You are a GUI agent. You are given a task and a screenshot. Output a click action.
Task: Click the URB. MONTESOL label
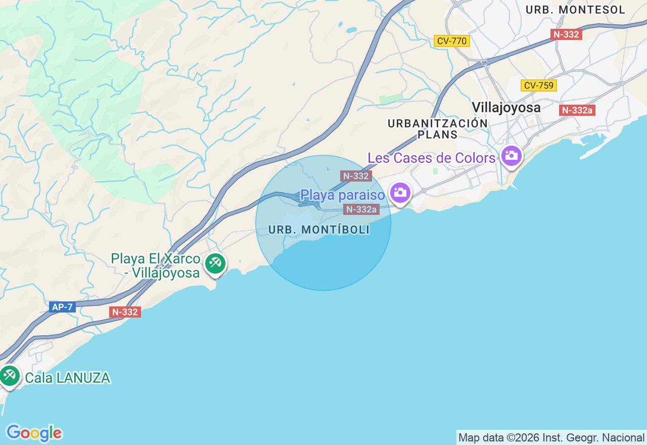[x=575, y=10]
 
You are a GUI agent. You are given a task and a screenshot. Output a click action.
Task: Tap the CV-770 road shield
[x=451, y=41]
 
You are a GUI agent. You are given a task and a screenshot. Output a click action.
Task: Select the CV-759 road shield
[x=538, y=85]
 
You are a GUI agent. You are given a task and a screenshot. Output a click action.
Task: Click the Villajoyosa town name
[x=506, y=107]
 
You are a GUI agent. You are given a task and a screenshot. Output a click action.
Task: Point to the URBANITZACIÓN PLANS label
[x=438, y=129]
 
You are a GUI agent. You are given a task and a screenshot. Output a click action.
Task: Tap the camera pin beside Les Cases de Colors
[x=512, y=155]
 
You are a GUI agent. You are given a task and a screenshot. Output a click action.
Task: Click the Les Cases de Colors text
[x=431, y=158]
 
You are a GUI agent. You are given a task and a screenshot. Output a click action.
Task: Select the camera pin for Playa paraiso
[x=400, y=193]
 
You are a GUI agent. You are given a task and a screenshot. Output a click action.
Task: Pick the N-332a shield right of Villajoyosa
[x=577, y=110]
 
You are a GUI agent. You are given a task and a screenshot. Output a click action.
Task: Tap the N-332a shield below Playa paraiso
[x=361, y=209]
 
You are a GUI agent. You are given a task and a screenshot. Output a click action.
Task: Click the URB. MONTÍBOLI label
[x=319, y=230]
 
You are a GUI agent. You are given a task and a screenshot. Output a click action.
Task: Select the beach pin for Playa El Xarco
[x=215, y=263]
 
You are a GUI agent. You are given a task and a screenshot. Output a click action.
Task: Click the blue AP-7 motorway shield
[x=62, y=307]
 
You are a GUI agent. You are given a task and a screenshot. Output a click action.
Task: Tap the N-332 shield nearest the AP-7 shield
[x=125, y=312]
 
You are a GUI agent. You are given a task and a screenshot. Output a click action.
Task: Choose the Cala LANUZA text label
[x=67, y=378]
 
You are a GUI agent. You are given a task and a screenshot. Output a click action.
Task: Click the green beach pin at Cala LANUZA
[x=9, y=376]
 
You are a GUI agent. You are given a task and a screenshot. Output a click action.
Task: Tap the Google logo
[x=34, y=433]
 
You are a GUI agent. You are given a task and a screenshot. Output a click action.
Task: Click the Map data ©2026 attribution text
[x=551, y=437]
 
